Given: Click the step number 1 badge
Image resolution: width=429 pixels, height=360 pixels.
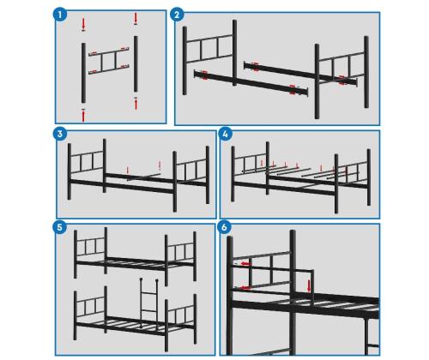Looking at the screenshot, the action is pyautogui.click(x=60, y=15).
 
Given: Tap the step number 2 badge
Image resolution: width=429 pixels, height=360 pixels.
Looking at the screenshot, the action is pyautogui.click(x=177, y=15).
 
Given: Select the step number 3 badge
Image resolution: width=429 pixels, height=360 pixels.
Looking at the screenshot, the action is pyautogui.click(x=60, y=134).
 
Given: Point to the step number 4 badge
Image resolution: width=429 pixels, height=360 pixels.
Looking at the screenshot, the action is pyautogui.click(x=225, y=134).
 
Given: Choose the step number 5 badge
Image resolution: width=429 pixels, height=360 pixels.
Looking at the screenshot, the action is pyautogui.click(x=60, y=227).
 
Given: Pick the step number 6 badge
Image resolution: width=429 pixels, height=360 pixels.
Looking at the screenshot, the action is pyautogui.click(x=224, y=227).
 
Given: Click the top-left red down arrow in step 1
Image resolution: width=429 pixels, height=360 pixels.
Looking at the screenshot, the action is pyautogui.click(x=83, y=24).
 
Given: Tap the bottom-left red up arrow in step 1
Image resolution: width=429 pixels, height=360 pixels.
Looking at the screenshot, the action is pyautogui.click(x=83, y=115).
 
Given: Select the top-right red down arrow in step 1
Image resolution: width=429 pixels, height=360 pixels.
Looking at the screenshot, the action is pyautogui.click(x=136, y=18).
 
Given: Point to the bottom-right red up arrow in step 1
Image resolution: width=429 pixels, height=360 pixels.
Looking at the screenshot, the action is pyautogui.click(x=136, y=104).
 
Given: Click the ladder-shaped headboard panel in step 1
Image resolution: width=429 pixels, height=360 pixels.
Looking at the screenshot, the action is pyautogui.click(x=109, y=61).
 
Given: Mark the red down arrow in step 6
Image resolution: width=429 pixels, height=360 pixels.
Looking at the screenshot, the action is pyautogui.click(x=309, y=286).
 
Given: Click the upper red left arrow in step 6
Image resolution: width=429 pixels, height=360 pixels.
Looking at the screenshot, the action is pyautogui.click(x=245, y=264).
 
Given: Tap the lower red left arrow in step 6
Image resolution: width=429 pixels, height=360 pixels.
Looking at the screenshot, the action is pyautogui.click(x=245, y=288).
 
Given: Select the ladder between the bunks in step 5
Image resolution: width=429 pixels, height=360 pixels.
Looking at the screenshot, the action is pyautogui.click(x=148, y=303).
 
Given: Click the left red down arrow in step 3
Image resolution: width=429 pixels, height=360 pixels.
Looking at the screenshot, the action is pyautogui.click(x=128, y=171).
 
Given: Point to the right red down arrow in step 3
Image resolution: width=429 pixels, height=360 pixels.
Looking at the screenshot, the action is pyautogui.click(x=160, y=165).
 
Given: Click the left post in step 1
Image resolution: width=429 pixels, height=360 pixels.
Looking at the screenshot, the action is pyautogui.click(x=83, y=73).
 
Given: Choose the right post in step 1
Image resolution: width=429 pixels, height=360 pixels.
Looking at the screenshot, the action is pyautogui.click(x=136, y=63).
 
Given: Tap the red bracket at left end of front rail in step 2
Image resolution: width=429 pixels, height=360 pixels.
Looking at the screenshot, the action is pyautogui.click(x=204, y=75).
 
